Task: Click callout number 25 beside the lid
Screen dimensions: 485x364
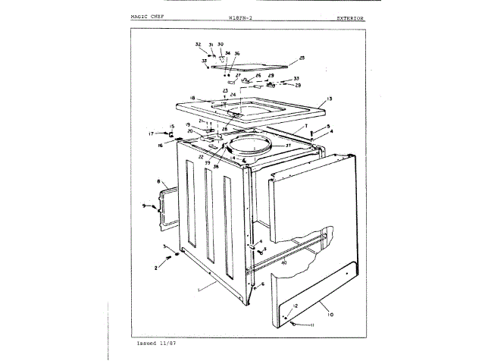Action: (301, 58)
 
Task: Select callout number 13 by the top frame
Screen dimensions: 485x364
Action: (330, 99)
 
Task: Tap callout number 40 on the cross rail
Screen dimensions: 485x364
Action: (283, 263)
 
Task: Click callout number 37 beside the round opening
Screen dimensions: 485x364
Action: (288, 146)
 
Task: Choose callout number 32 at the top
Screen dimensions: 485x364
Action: (198, 45)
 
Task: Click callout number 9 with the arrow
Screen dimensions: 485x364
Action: (143, 206)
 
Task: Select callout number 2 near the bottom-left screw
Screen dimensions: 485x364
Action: (157, 268)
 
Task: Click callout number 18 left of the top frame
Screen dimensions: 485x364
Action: (192, 99)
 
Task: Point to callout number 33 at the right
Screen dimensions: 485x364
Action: (296, 78)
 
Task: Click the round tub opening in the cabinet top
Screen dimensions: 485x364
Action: (249, 145)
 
